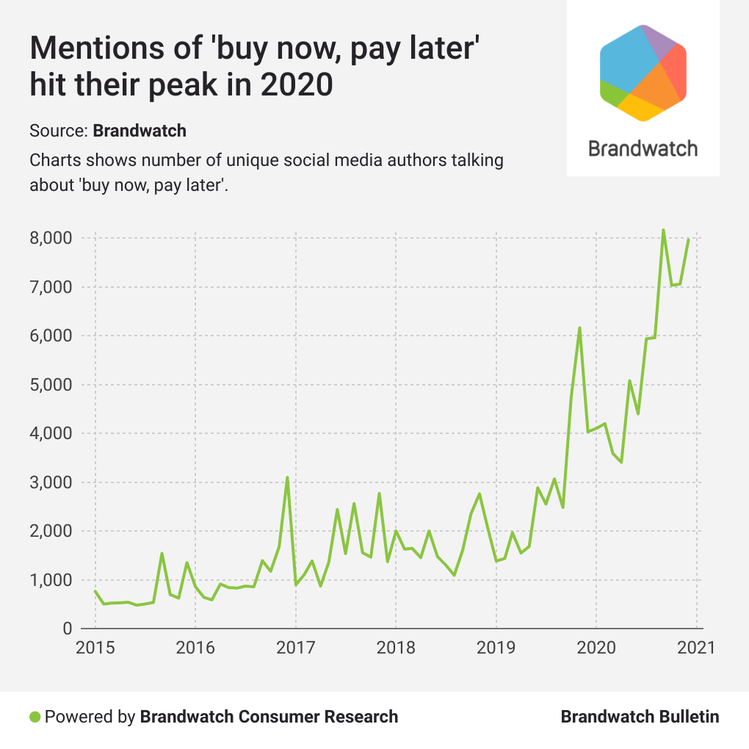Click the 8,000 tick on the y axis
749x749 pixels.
(x=51, y=238)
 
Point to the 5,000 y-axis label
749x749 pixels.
(x=51, y=385)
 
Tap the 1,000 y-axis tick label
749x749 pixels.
(x=51, y=580)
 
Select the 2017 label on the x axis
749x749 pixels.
(x=295, y=648)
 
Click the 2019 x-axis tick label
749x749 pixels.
(x=496, y=648)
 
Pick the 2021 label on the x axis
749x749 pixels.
(x=695, y=648)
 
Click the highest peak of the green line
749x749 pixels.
(x=663, y=231)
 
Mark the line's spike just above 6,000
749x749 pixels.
(x=579, y=328)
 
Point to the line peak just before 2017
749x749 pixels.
(x=287, y=478)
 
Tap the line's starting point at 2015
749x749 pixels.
(x=95, y=591)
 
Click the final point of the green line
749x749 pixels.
(x=688, y=240)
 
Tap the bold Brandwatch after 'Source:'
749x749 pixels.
(x=140, y=131)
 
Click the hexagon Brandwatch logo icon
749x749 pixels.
(x=643, y=73)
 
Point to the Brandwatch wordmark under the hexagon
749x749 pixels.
(x=643, y=148)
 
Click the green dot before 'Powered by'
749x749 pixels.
(x=35, y=717)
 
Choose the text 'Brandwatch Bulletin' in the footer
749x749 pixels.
(x=640, y=717)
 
